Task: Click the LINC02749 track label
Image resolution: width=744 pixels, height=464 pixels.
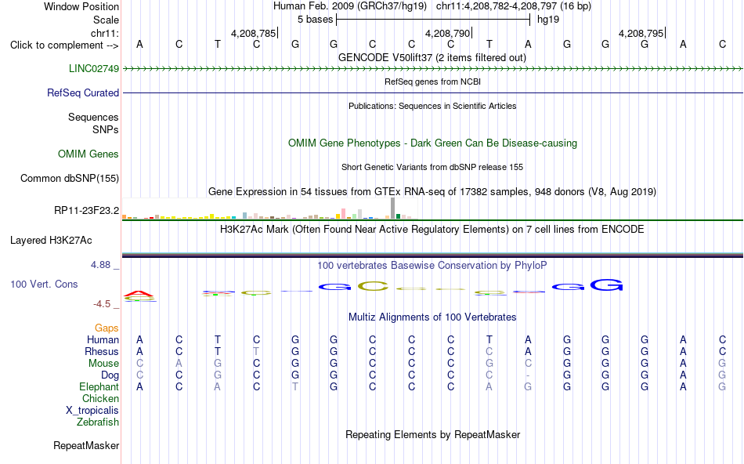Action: tap(94, 68)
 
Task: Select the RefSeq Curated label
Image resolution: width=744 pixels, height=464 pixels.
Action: tap(83, 92)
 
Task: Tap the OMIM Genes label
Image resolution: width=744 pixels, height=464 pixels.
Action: tap(88, 154)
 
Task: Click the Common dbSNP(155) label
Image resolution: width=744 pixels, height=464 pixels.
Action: tap(70, 178)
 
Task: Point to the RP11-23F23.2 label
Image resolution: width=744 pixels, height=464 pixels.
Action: tap(87, 210)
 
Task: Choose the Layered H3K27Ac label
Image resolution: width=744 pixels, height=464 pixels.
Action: tap(51, 241)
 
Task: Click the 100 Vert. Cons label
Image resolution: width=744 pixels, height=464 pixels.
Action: tap(44, 284)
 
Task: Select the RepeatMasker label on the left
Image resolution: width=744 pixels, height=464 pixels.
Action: tap(86, 445)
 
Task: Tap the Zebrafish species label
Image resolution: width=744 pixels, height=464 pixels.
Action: tap(98, 422)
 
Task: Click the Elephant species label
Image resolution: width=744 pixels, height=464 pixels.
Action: tap(99, 386)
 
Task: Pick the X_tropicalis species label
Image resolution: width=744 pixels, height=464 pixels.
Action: tap(92, 411)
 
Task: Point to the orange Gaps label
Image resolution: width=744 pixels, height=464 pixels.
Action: tap(107, 328)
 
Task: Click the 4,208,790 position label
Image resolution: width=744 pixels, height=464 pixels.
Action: tap(447, 33)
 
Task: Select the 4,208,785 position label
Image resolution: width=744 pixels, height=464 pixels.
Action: tap(254, 33)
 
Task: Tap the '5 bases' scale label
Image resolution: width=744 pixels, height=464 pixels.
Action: tap(316, 20)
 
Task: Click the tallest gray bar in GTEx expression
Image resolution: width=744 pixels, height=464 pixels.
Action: tap(393, 208)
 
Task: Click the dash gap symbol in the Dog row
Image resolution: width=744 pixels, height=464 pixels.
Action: tap(528, 375)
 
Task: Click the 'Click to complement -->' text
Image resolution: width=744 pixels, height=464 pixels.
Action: tap(64, 45)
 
